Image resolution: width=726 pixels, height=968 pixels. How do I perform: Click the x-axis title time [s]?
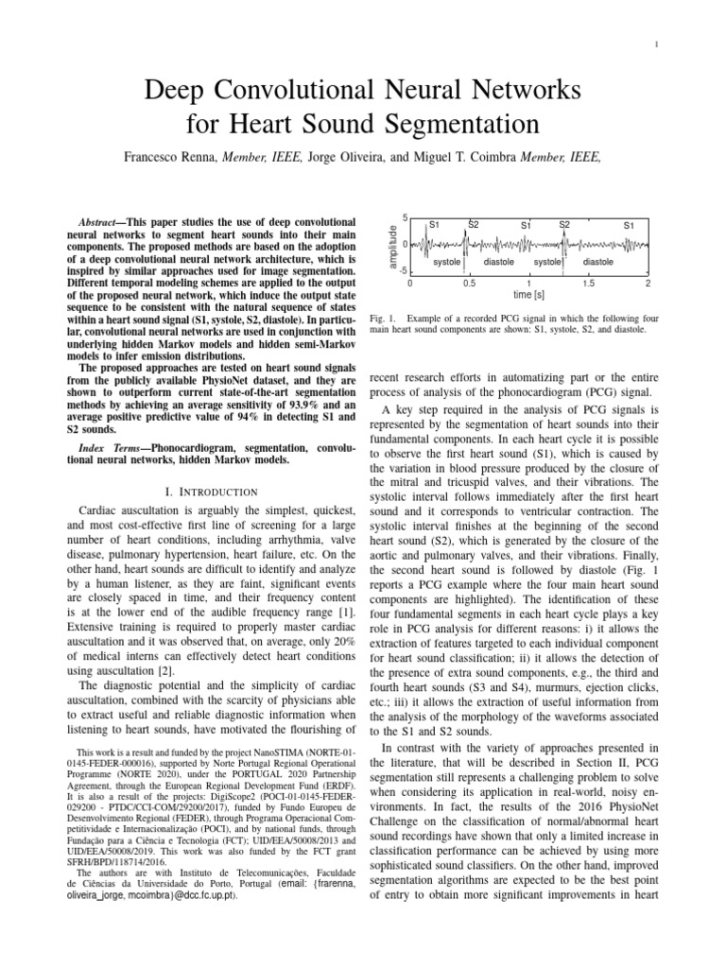(x=528, y=296)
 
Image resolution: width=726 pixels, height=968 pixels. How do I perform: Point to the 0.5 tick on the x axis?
(x=469, y=283)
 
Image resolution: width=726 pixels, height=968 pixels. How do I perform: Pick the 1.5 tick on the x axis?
(x=588, y=283)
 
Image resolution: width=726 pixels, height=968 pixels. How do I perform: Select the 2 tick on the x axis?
(x=648, y=283)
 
